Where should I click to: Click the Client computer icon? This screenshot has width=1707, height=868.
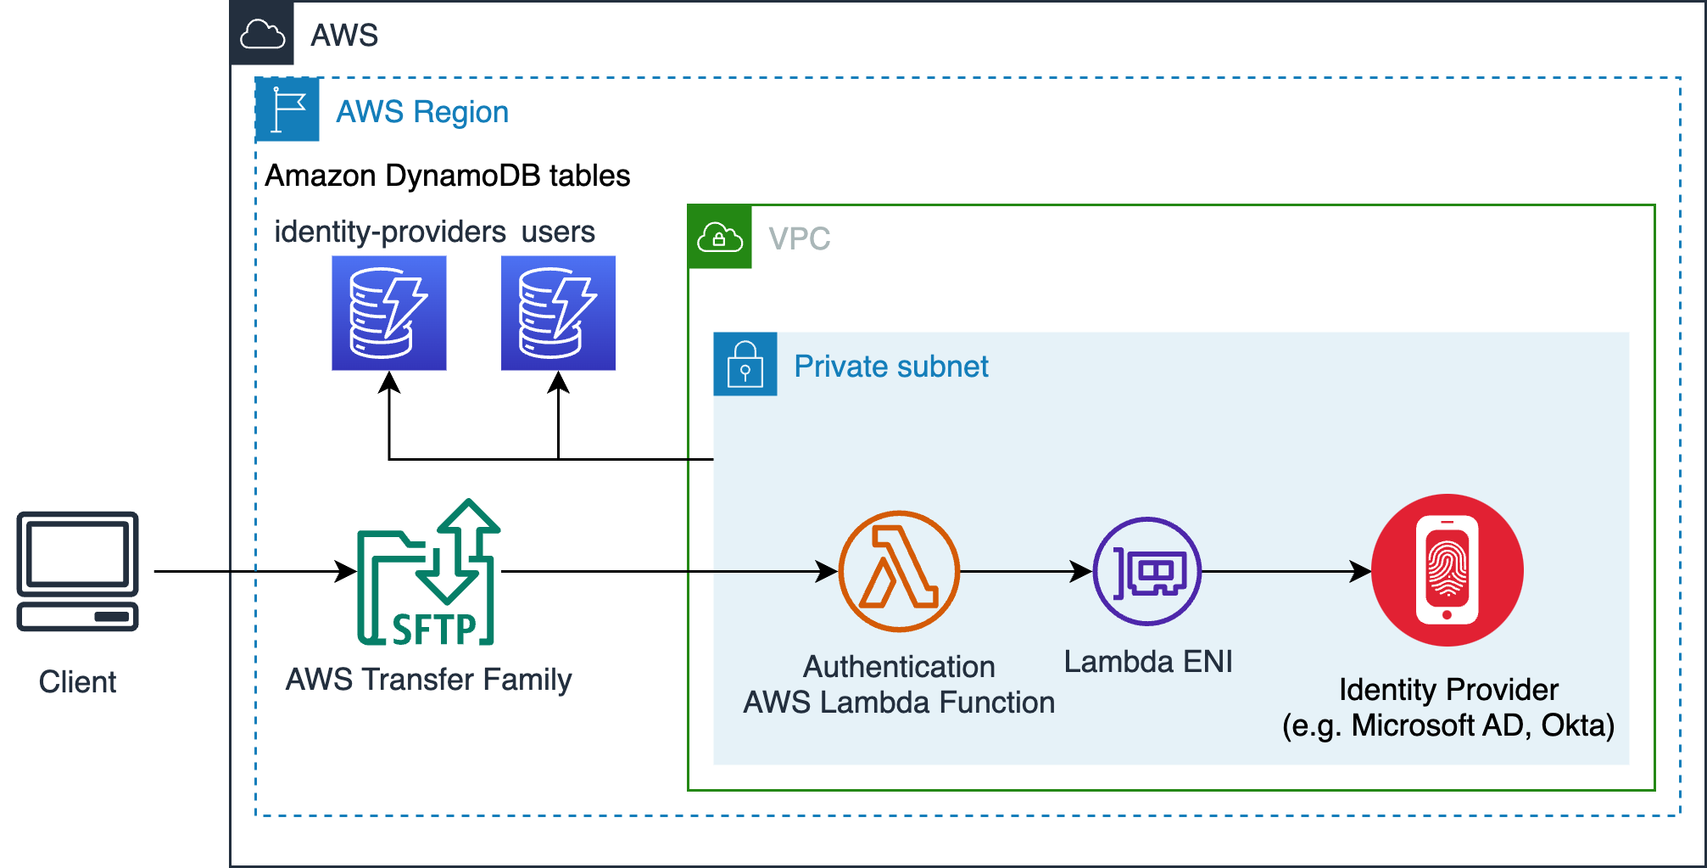77,571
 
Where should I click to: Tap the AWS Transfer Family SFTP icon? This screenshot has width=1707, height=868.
428,573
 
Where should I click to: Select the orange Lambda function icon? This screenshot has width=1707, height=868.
899,571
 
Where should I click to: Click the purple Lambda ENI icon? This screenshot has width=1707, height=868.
1147,571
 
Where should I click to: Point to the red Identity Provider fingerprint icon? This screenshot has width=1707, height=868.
1448,570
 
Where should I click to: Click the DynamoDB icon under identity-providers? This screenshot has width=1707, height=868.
388,313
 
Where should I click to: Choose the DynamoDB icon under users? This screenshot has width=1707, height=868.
558,313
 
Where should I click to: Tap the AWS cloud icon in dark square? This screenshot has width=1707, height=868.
262,34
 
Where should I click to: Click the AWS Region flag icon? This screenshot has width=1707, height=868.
287,109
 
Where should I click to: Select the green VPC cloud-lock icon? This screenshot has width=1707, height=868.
719,237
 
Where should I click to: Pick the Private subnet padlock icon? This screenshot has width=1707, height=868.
745,364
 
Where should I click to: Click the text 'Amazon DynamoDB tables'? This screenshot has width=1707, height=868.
447,176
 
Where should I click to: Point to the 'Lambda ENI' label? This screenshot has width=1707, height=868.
1148,662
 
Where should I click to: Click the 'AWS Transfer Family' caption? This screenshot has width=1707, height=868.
428,680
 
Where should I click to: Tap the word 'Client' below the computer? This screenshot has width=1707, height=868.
77,682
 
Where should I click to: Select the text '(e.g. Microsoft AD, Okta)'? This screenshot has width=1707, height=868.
1448,725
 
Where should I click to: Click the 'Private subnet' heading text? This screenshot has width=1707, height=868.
890,367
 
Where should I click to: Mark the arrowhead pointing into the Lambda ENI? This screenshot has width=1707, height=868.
1082,571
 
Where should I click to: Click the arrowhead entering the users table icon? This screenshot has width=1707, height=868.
558,383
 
